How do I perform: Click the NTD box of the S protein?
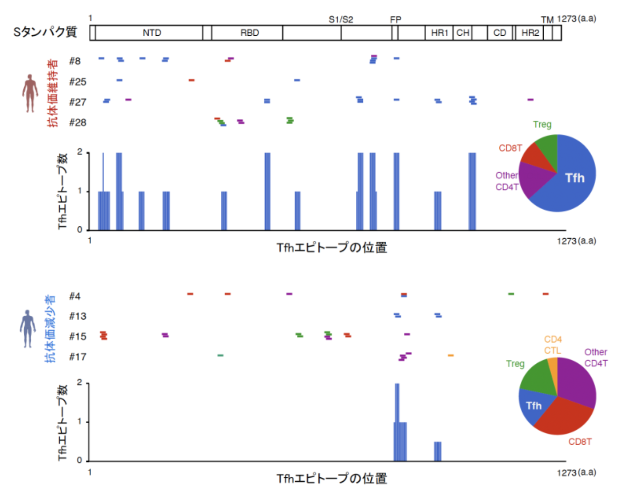[x=151, y=33]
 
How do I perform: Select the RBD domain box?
[x=249, y=33]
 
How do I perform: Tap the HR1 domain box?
[x=439, y=33]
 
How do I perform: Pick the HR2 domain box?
[x=530, y=33]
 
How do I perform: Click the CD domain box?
[x=500, y=33]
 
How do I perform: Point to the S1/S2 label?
[x=341, y=19]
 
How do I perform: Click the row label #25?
[x=77, y=82]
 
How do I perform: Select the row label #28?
[x=77, y=122]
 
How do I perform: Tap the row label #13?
[x=77, y=316]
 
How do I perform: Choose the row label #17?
[x=77, y=357]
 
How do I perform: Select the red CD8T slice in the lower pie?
[x=563, y=417]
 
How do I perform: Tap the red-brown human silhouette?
[x=30, y=93]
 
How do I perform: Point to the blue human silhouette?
[x=27, y=328]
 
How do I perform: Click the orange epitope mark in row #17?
[x=450, y=355]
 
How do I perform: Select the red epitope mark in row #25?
[x=192, y=80]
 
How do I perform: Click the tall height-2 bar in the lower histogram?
[x=397, y=401]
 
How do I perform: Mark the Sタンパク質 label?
[x=45, y=32]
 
